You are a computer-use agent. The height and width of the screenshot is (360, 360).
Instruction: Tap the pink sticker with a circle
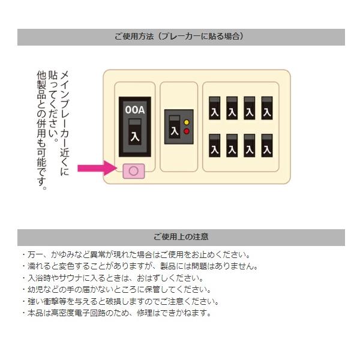click(134, 171)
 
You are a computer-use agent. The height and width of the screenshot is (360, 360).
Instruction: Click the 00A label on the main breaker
click(134, 110)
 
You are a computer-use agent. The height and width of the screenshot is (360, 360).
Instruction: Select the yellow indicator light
click(186, 122)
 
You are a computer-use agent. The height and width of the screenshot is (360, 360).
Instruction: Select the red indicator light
click(186, 130)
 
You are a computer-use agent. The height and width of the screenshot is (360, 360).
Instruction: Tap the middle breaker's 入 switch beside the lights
click(175, 128)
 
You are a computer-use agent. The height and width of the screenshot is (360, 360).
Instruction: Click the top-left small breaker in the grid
click(214, 109)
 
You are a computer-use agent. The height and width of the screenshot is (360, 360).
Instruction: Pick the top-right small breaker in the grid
click(268, 109)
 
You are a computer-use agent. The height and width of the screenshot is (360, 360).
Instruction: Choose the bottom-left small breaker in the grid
click(214, 146)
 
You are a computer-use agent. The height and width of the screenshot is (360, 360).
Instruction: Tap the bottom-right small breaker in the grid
click(268, 146)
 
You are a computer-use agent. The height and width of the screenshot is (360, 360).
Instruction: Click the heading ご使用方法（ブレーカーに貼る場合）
click(181, 37)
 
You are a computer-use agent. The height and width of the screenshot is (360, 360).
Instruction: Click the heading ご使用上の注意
click(181, 237)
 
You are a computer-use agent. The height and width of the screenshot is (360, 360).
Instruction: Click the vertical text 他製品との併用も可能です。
click(41, 129)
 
